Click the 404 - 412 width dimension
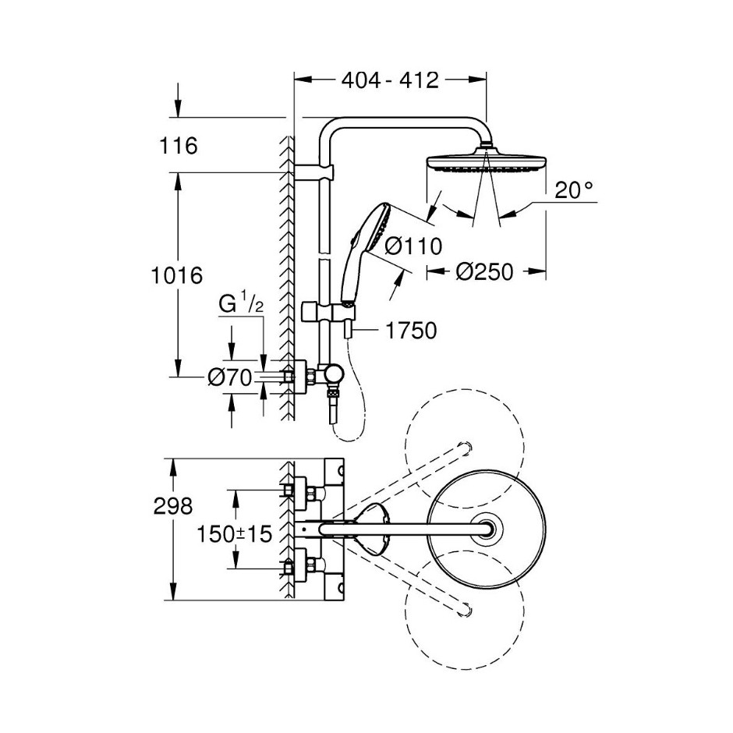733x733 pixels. coord(391,80)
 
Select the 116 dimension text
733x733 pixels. coord(179,146)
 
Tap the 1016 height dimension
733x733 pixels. coord(176,275)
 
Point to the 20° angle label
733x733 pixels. coord(574,190)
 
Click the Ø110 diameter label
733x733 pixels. coord(413,246)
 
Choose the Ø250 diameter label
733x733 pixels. coord(484,271)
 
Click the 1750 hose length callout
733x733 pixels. coord(411,331)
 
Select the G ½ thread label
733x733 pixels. coord(241,304)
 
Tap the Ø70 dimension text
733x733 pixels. coord(230,377)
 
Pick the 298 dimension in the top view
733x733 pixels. coord(173,506)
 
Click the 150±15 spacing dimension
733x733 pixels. coord(234,534)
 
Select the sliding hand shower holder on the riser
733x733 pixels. coord(328,313)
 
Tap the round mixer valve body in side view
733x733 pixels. coord(335,374)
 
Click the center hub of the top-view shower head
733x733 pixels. coord(487,529)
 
